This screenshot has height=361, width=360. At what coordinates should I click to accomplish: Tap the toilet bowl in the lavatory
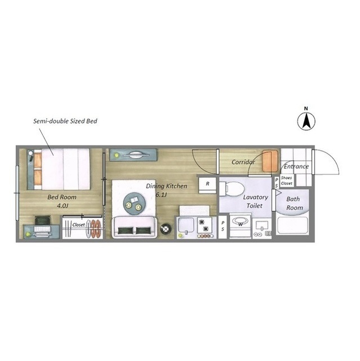tap(230, 189)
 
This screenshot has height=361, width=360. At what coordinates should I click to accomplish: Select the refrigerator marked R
tap(207, 185)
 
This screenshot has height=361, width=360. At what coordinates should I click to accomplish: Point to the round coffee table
tap(134, 203)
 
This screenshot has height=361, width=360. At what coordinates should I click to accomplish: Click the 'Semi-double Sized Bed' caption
tap(65, 121)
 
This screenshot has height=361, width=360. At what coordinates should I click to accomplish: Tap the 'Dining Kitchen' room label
tap(166, 186)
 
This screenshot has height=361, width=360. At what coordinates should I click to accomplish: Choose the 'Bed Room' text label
tap(62, 197)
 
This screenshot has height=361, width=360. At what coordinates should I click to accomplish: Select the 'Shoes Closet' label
tap(286, 180)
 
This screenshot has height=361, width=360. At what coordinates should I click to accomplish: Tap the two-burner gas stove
tap(204, 227)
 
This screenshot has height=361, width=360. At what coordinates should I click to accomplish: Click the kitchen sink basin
tap(186, 225)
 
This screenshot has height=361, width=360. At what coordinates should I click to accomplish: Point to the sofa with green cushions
tap(135, 227)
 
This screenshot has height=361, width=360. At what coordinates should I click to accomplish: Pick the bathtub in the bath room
tap(292, 225)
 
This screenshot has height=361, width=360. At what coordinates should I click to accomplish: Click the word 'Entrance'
tap(296, 166)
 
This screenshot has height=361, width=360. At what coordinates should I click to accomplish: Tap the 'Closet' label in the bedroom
tap(78, 224)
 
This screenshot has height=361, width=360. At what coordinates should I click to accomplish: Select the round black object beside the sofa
tap(166, 228)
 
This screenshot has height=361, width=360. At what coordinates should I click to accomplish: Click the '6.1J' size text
tap(161, 195)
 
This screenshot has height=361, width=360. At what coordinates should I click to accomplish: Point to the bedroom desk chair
tap(42, 220)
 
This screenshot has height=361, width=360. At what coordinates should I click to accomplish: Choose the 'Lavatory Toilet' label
tap(255, 201)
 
